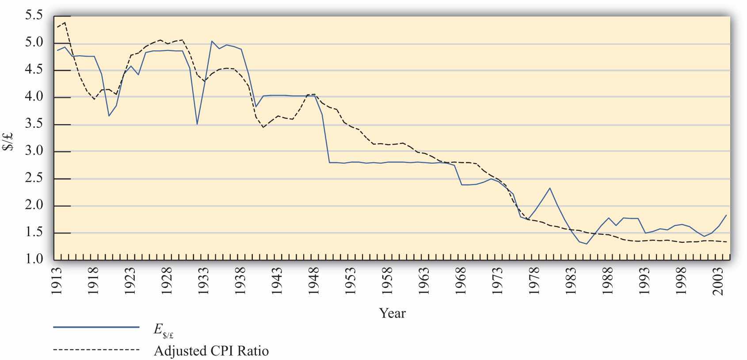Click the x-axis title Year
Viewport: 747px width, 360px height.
coord(392,313)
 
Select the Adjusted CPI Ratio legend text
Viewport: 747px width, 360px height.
coord(211,351)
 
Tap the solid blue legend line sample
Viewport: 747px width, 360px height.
coord(96,327)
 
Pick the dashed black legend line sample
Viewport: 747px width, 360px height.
coord(96,350)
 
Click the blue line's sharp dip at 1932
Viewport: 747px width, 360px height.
coord(197,124)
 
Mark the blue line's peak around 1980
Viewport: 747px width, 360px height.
coord(549,188)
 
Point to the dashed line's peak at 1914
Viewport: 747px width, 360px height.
coord(65,23)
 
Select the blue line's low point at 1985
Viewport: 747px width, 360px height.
coord(587,244)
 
